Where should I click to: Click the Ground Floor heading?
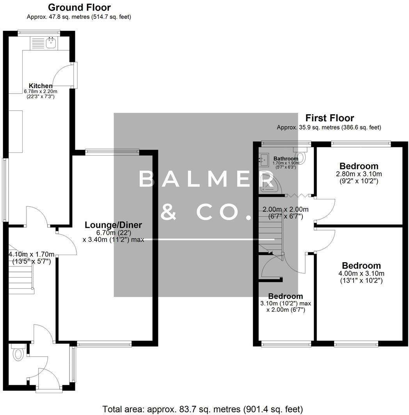(79, 7)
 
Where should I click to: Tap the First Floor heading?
(329, 118)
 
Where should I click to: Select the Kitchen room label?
(41, 86)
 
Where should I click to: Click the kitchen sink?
(50, 43)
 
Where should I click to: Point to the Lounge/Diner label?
(113, 225)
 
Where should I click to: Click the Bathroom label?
(286, 158)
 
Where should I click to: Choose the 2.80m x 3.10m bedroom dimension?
(359, 174)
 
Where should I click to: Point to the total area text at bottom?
(203, 409)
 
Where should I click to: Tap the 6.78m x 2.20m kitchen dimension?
(41, 91)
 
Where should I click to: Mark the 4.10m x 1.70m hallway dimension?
(31, 255)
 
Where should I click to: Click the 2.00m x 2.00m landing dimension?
(285, 209)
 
